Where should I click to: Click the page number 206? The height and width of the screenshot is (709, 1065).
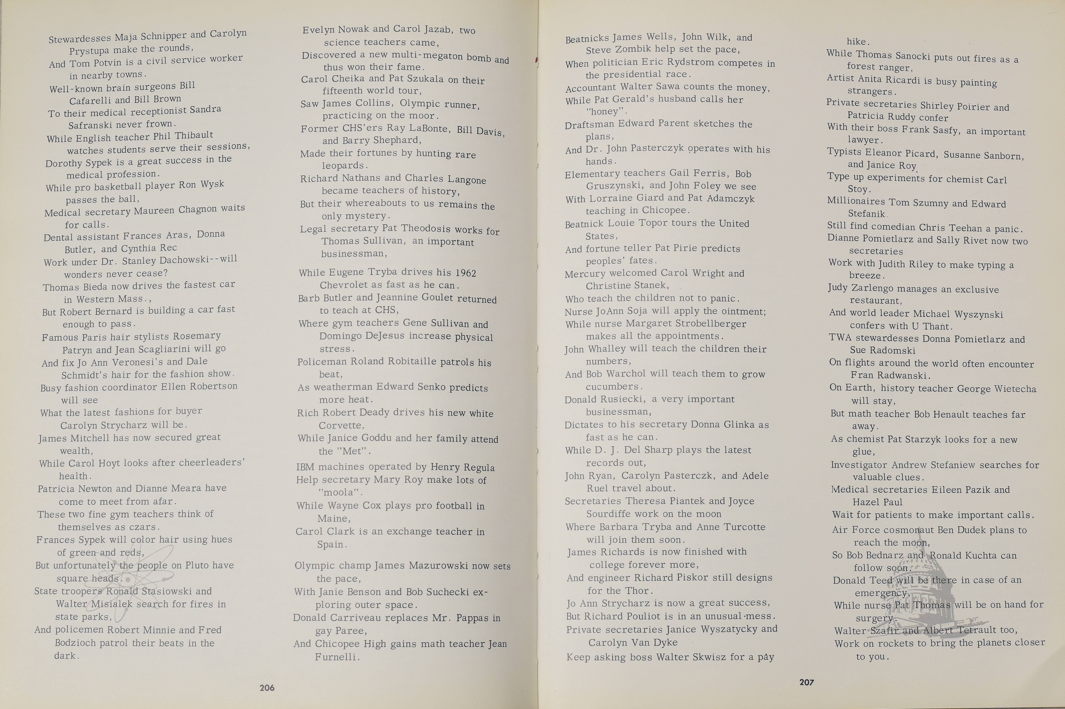[267, 688]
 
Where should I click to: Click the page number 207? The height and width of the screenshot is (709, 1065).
[806, 682]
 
